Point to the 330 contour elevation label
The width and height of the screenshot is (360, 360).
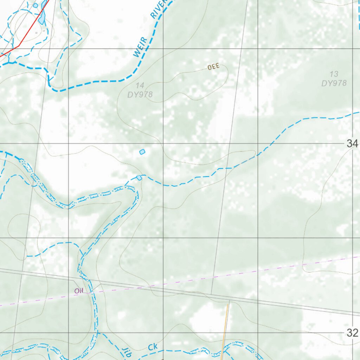213,67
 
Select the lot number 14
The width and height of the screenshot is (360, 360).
140,85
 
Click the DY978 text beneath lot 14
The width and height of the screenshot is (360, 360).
140,94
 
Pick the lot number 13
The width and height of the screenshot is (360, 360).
334,74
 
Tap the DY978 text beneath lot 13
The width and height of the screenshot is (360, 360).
334,83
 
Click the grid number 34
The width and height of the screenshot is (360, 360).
352,143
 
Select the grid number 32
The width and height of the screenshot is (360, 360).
352,333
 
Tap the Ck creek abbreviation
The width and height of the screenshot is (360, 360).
153,347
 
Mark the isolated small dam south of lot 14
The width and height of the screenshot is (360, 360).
142,152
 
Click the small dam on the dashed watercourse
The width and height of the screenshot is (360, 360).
139,178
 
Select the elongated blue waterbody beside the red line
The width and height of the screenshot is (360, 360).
43,14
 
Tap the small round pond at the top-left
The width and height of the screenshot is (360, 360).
35,6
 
